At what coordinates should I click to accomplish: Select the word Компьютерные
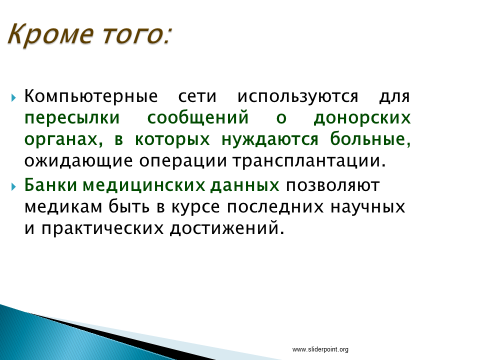point(91,96)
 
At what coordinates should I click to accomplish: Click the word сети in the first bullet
point(197,96)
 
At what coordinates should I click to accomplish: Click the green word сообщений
point(198,118)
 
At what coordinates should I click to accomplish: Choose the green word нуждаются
point(269,140)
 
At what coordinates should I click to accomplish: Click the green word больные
point(370,139)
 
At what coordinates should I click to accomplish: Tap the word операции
point(183,161)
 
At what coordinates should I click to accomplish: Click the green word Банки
point(50,185)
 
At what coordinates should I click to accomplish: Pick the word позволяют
point(333,185)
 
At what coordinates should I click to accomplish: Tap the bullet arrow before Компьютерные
point(13,98)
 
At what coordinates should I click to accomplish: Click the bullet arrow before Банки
point(13,186)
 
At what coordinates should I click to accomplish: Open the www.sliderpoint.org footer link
point(320,349)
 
